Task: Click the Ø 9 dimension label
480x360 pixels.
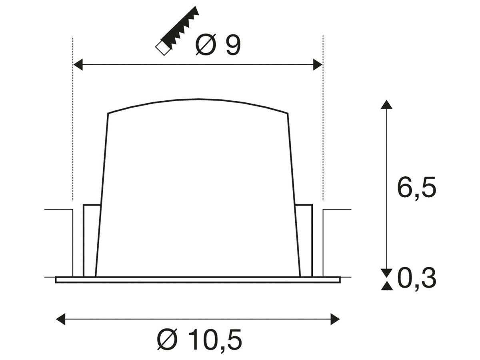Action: click(218, 45)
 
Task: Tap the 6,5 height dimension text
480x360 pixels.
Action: click(416, 187)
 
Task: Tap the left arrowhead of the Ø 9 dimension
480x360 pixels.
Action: click(78, 64)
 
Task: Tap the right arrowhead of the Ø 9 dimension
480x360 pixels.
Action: click(318, 64)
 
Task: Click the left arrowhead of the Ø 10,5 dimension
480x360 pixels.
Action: click(60, 319)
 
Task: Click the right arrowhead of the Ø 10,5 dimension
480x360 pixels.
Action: click(335, 319)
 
